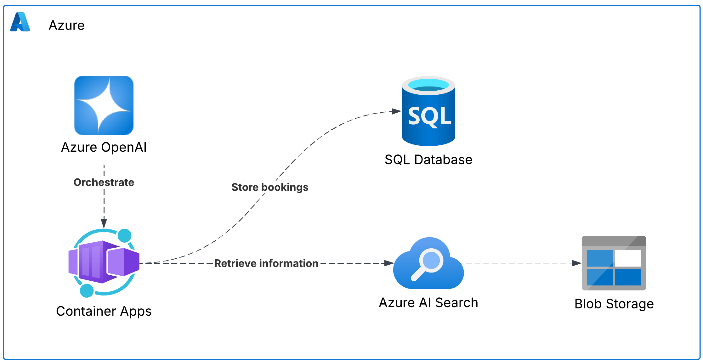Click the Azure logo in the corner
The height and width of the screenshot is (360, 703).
pos(20,22)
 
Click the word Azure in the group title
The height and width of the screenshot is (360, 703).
pos(66,25)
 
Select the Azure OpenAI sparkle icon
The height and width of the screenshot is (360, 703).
pos(104,105)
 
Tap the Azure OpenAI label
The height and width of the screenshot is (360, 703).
pos(104,147)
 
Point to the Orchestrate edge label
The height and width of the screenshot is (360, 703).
pos(104,183)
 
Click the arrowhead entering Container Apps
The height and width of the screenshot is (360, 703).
pos(104,224)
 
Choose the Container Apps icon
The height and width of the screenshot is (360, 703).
pos(104,262)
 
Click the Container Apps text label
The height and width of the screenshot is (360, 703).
pos(104,311)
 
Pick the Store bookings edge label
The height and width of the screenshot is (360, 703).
pos(270,187)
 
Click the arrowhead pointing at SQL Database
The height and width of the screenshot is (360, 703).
pos(396,111)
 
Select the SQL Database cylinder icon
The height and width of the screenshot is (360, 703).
pos(428,111)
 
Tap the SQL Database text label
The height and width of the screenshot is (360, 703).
pos(428,160)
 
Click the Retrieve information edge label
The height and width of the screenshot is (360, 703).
pos(266,263)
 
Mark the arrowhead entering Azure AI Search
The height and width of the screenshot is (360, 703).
pos(389,263)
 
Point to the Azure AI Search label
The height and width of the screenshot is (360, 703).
pos(428,303)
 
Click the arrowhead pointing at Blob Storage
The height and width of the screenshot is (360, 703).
pos(577,263)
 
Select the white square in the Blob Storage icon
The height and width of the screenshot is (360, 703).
pos(628,258)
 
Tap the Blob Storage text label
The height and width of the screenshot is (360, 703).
pos(614,304)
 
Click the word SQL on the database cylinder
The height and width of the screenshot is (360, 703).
pos(429,116)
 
